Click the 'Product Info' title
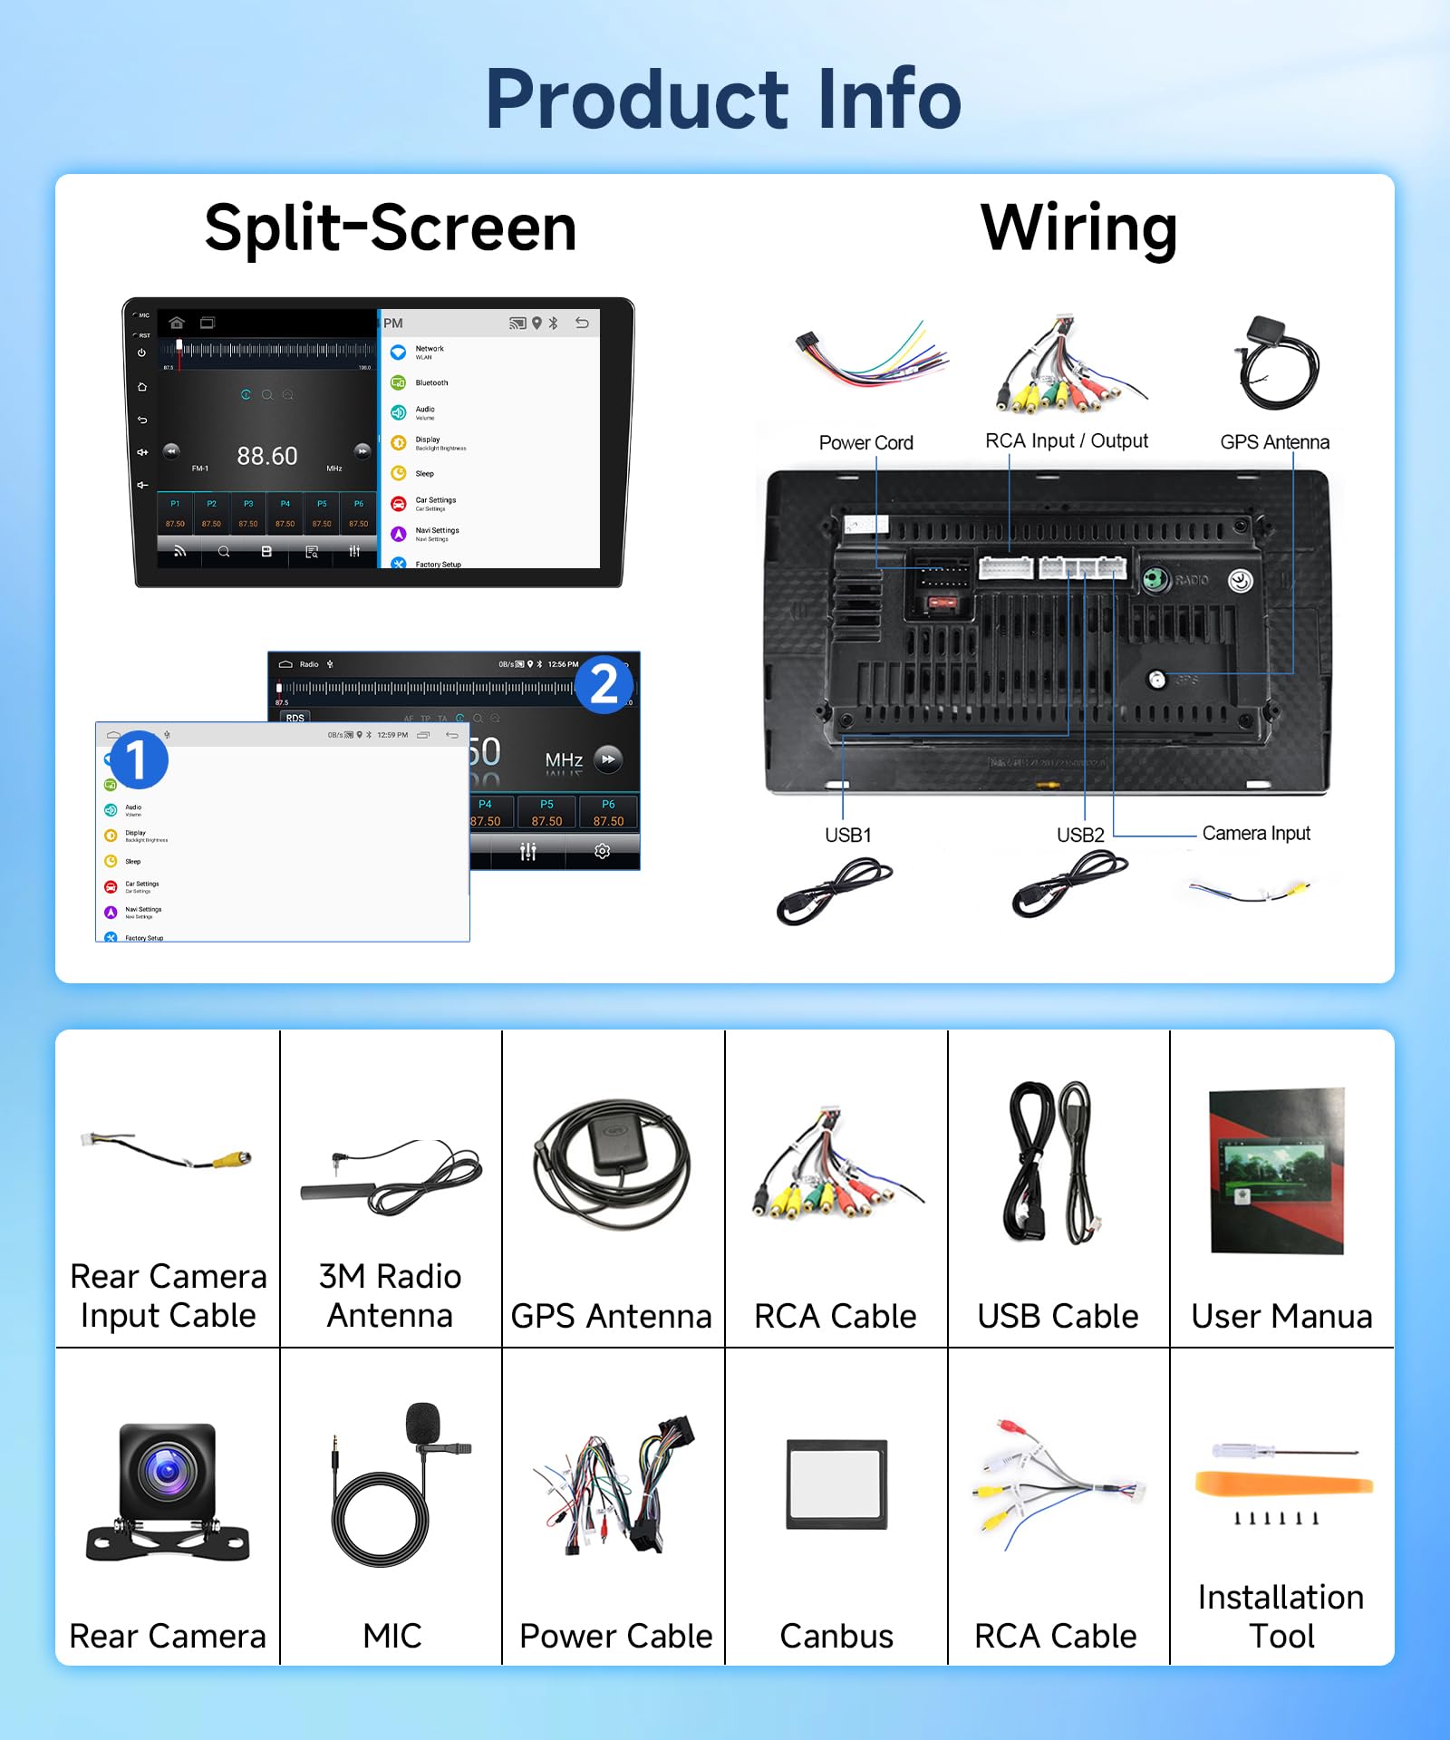point(723,100)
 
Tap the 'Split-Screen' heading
point(391,228)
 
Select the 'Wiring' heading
point(1078,228)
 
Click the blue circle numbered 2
point(604,684)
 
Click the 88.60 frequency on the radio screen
point(267,456)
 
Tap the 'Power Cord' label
point(865,442)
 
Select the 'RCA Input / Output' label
point(1066,441)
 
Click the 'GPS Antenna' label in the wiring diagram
point(1274,442)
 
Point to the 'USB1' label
point(847,835)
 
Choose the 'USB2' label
point(1080,835)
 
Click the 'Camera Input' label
point(1256,833)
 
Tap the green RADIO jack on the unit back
point(1155,579)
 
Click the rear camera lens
point(168,1470)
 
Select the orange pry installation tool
point(1283,1484)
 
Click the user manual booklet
point(1277,1170)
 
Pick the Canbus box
point(836,1484)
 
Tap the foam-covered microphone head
point(422,1423)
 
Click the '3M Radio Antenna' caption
point(391,1295)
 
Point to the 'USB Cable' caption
point(1058,1316)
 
